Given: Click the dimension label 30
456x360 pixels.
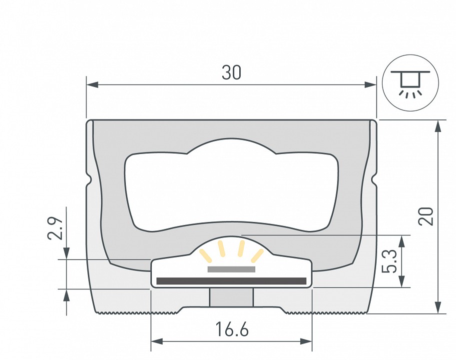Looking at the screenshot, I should coord(231,73).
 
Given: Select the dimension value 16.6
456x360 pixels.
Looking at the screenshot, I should coord(232,330).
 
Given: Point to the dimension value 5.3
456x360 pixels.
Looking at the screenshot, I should coord(392,261).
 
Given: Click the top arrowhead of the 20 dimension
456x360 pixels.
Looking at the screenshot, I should coord(438,126).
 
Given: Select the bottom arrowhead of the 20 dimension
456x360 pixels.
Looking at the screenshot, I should coord(438,307).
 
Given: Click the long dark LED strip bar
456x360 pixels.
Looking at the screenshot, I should coord(231,281).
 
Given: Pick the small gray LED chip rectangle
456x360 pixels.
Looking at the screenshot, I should coord(231,269).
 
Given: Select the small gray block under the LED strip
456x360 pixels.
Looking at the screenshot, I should coord(231,297).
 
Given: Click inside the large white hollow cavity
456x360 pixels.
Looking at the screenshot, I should coord(231,190).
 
